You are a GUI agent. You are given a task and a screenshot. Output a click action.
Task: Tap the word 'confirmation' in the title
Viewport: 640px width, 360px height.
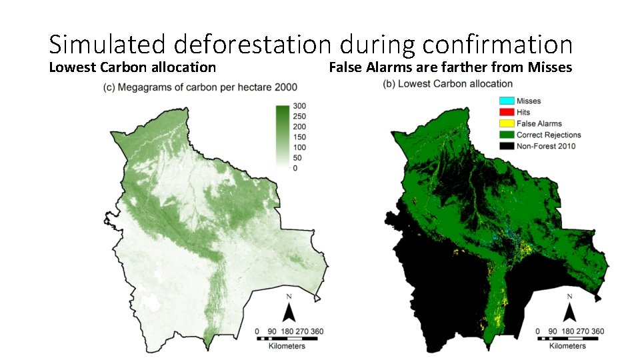point(494,44)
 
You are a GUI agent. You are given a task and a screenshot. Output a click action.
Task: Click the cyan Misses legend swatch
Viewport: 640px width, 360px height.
point(506,101)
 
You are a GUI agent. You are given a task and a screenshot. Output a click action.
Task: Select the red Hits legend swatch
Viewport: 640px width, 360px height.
point(506,112)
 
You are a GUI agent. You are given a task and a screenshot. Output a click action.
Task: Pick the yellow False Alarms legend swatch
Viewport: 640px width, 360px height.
point(506,123)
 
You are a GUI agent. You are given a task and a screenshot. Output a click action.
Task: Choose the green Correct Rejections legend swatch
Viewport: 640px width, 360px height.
point(506,135)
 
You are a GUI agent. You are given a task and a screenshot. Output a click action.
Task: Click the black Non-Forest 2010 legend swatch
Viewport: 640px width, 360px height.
point(506,146)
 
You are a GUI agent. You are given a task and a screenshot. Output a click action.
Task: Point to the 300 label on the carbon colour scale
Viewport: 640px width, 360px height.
point(299,106)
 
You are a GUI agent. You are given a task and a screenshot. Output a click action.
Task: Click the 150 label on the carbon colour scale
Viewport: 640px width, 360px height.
point(299,137)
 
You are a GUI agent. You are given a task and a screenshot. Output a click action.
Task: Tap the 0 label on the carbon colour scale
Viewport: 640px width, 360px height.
point(295,169)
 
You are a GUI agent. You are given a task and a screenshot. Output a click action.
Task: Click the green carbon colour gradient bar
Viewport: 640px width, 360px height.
point(283,137)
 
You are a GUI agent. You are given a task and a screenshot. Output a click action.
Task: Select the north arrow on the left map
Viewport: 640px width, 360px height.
point(289,309)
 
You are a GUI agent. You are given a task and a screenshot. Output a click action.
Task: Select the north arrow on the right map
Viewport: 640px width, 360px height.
point(569,309)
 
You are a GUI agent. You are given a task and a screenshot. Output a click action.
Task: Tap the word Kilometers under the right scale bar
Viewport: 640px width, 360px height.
point(568,346)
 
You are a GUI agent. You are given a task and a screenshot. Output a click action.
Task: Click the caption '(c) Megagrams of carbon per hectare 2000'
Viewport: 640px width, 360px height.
point(200,87)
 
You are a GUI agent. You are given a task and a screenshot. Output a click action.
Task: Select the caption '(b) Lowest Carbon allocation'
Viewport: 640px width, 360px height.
point(448,83)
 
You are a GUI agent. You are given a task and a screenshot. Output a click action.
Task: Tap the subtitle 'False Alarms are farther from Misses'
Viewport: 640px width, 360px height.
point(451,67)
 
